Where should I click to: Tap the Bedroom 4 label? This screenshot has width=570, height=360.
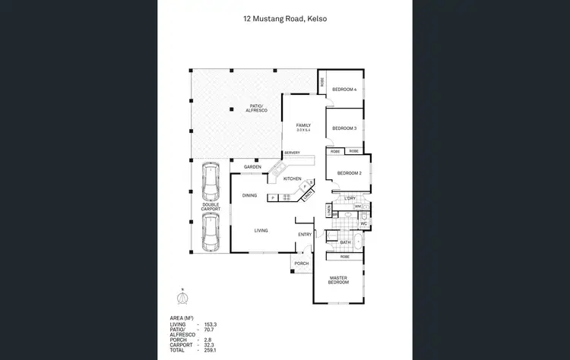tap(344, 90)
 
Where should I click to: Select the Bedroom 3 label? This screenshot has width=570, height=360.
tap(344, 128)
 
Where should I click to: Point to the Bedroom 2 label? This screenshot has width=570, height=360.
tap(349, 173)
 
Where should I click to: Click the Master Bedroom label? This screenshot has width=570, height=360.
tap(338, 280)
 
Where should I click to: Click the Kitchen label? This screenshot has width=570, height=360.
tap(293, 178)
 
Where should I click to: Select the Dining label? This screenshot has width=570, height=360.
tap(249, 196)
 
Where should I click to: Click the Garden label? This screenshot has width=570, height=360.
tap(252, 167)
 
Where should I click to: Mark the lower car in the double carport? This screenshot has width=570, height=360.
tap(211, 231)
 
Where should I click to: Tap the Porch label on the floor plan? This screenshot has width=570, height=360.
tap(301, 264)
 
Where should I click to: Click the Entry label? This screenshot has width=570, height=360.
tap(305, 235)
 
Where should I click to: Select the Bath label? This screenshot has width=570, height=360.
tap(345, 242)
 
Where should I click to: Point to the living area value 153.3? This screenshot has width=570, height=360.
tap(210, 324)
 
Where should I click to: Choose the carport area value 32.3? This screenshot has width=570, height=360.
tap(210, 345)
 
